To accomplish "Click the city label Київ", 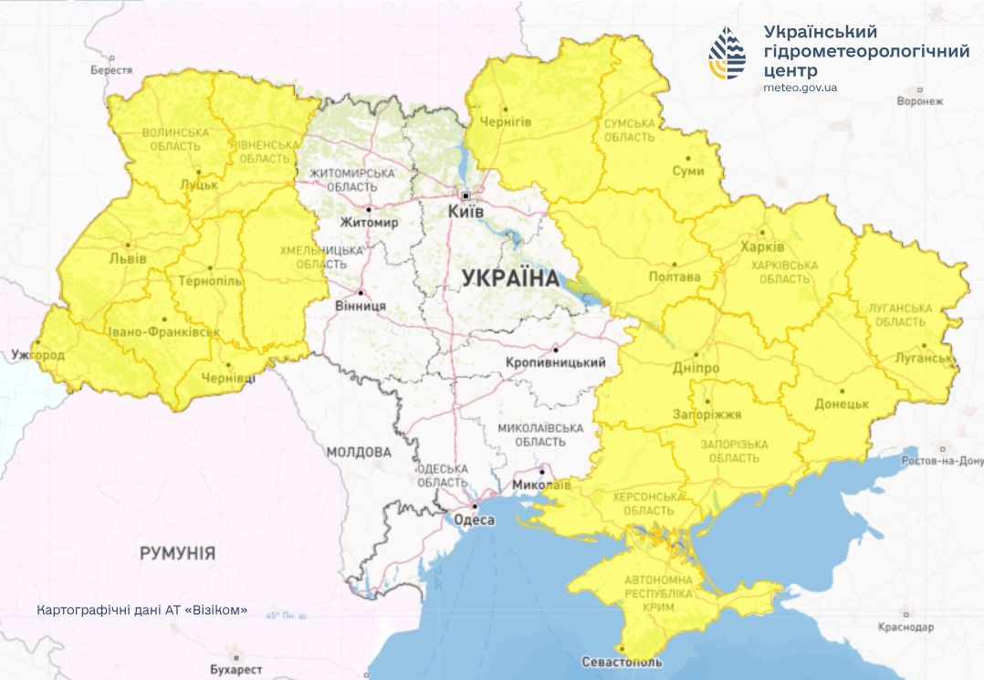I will click(x=466, y=211).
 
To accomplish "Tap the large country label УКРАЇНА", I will click(x=510, y=278).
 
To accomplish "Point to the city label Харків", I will click(x=763, y=247).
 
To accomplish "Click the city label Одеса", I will click(x=474, y=519).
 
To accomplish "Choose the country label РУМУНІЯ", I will click(x=177, y=552).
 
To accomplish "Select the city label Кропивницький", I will click(x=555, y=362).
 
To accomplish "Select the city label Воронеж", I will click(x=918, y=101).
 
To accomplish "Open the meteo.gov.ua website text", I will click(x=800, y=88).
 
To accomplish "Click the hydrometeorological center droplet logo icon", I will click(x=727, y=54).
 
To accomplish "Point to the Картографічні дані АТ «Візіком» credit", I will click(x=142, y=610).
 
